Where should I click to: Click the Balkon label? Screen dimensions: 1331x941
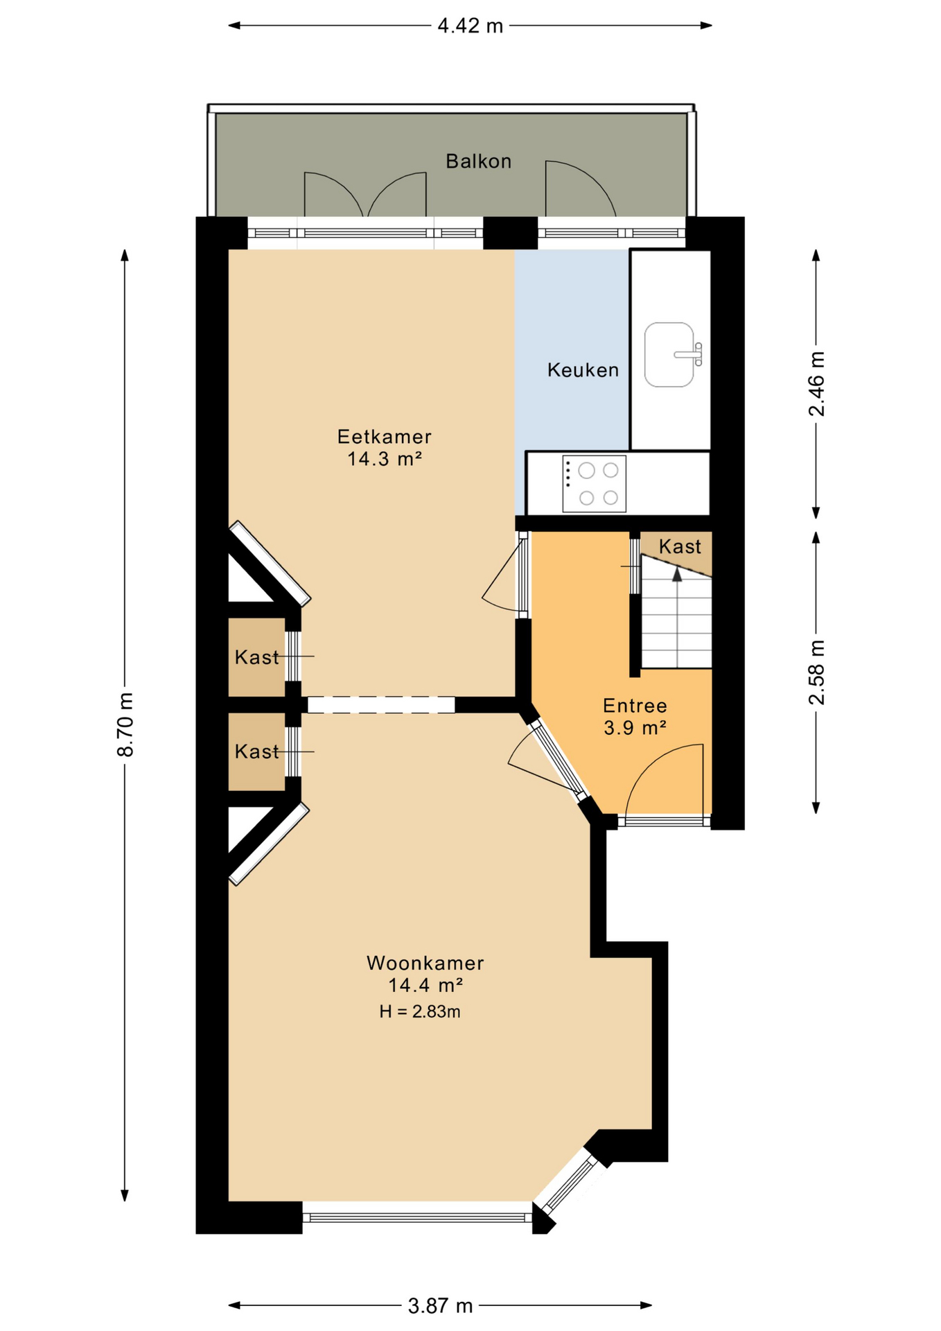pos(478,162)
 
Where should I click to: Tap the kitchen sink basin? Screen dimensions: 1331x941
pos(668,354)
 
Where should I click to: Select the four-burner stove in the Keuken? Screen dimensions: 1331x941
pos(594,484)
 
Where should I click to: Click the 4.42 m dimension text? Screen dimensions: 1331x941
pos(470,26)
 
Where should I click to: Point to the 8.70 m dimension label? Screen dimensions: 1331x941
pos(125,724)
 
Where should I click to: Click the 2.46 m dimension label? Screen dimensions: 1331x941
pos(817,383)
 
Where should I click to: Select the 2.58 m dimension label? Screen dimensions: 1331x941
pos(817,672)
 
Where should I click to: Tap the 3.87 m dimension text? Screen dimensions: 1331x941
pos(440,1306)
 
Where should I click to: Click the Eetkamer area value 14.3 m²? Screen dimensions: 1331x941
pos(385,459)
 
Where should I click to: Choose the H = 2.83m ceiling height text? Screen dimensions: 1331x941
pos(420,1011)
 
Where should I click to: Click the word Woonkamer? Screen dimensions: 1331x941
pos(425,963)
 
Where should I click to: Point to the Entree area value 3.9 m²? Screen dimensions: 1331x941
pos(635,728)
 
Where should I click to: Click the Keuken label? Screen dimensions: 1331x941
pos(583,370)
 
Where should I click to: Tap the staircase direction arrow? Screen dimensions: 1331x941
pos(677,573)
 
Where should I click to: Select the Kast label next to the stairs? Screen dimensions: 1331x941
pos(680,547)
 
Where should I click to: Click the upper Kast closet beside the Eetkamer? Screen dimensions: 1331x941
pos(256,657)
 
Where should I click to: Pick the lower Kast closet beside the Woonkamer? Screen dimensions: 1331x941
pos(256,751)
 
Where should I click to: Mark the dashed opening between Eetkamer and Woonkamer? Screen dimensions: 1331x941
pos(380,705)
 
